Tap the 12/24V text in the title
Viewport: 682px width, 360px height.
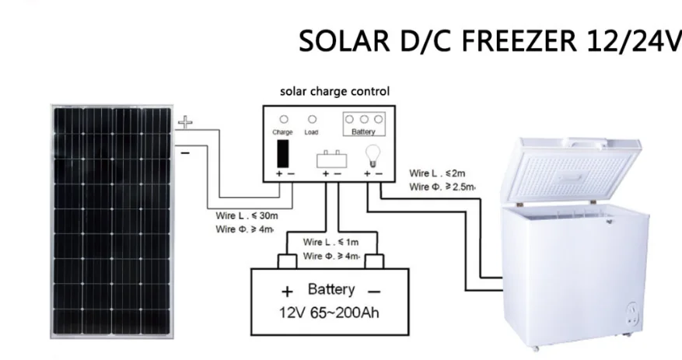coord(635,40)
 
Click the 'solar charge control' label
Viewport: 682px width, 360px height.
coord(334,92)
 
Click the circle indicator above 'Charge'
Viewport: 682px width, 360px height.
coord(284,120)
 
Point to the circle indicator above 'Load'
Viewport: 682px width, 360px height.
coord(312,120)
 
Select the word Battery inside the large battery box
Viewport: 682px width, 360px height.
coord(331,290)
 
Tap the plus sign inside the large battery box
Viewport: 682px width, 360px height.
coord(287,292)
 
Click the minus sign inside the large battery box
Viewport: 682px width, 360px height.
coord(375,292)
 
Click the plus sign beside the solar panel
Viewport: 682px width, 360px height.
coord(185,122)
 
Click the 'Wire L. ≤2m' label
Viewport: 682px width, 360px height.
coord(437,173)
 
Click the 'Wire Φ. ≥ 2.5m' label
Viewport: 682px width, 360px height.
coord(442,187)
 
